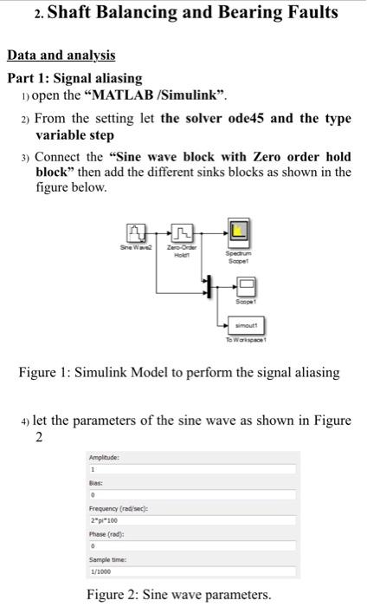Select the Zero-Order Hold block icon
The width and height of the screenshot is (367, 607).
tap(182, 232)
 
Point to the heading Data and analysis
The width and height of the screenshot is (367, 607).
tap(61, 55)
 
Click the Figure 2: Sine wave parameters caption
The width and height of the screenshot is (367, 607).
tap(178, 595)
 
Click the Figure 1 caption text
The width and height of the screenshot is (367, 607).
tap(179, 373)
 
